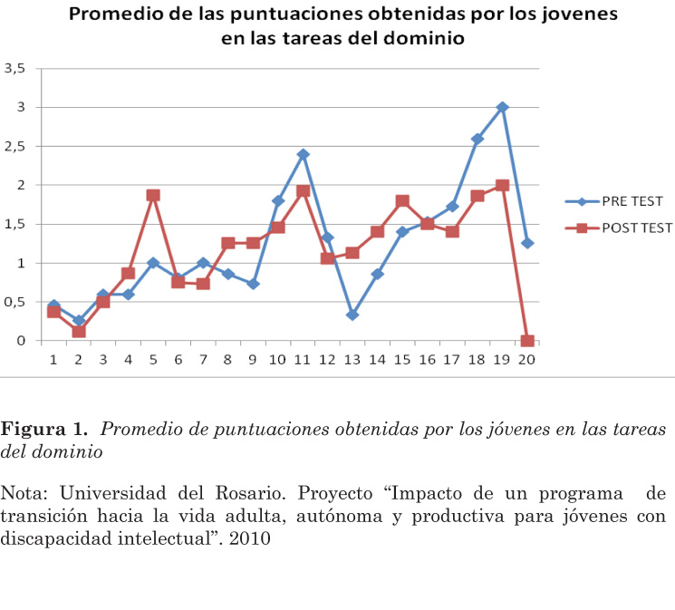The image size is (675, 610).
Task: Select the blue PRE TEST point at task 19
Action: pos(502,107)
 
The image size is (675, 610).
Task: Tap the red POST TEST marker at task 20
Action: pos(527,342)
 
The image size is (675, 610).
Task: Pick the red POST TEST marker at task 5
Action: pos(153,195)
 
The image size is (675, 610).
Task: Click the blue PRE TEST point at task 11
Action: pos(303,154)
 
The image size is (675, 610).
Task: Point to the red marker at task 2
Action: pos(79,332)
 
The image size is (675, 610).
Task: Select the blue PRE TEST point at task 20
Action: pos(527,243)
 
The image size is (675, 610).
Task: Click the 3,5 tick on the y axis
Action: pos(14,69)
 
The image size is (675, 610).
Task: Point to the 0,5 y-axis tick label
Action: pos(14,303)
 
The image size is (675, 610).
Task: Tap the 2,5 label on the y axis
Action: pos(14,147)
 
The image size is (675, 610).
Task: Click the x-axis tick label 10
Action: pos(277,360)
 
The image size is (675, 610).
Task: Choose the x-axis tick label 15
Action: pos(401,360)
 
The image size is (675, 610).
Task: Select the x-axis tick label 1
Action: pos(53,360)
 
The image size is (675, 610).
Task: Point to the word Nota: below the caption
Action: pos(25,494)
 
